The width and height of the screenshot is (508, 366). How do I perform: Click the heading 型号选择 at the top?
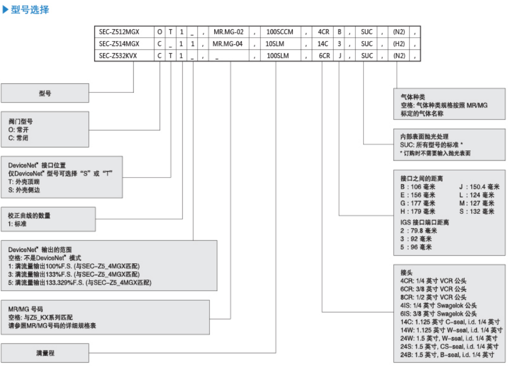click(x=30, y=9)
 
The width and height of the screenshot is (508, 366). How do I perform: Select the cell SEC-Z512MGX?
click(x=119, y=32)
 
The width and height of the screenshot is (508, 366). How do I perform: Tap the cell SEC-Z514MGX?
click(x=119, y=44)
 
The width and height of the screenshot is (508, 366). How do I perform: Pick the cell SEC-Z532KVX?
click(x=119, y=56)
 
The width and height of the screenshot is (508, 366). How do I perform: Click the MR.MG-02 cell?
click(x=228, y=32)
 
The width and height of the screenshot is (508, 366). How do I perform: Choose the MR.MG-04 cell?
click(x=228, y=44)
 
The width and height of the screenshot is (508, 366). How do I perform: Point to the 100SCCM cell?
click(x=280, y=32)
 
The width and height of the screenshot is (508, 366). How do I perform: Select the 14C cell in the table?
click(x=323, y=44)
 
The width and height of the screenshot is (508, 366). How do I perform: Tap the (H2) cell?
click(x=399, y=44)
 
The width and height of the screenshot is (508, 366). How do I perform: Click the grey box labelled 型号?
click(x=45, y=93)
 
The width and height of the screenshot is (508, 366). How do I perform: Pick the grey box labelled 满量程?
click(x=45, y=352)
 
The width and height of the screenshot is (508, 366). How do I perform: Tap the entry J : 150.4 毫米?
click(x=476, y=187)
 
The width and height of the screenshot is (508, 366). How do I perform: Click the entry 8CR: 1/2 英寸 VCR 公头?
click(x=433, y=297)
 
